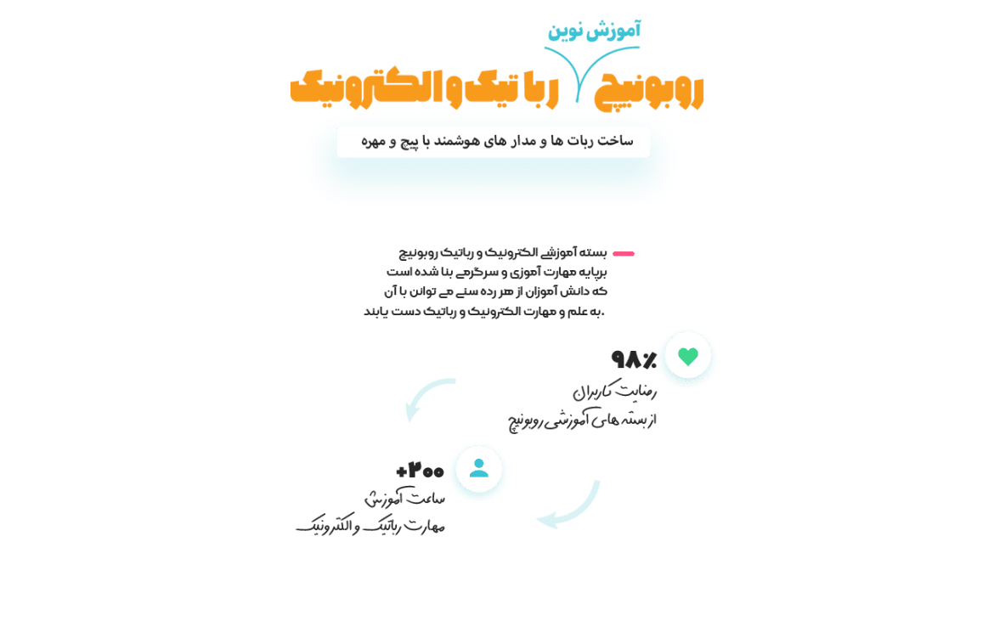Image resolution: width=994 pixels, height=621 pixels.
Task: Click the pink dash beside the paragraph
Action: [624, 253]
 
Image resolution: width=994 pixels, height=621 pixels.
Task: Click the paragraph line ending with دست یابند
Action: [483, 312]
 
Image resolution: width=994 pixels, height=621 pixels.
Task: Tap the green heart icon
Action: [688, 357]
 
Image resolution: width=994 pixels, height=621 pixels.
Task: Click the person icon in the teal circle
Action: [479, 468]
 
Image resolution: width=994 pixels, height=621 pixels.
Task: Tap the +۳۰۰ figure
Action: [420, 471]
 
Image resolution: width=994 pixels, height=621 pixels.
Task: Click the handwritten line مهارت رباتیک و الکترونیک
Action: [370, 527]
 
